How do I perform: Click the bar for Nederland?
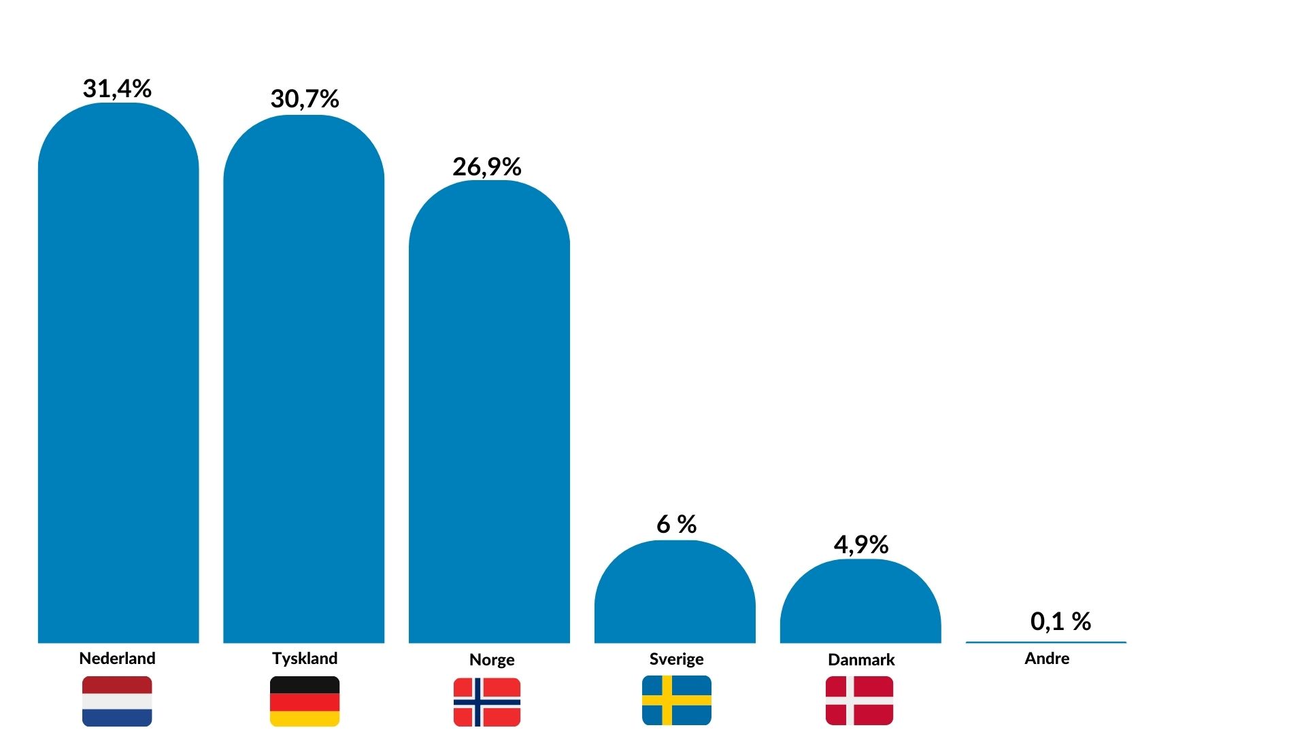118,374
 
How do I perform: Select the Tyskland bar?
304,381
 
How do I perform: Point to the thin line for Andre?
1046,642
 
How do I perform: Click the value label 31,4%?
117,88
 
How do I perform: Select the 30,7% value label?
305,99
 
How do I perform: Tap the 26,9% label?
487,167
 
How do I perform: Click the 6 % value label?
676,524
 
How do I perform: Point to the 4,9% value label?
861,544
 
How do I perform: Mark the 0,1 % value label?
1060,621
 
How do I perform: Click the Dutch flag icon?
117,701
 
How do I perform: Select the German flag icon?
305,701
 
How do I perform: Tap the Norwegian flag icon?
487,702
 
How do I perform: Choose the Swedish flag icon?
677,701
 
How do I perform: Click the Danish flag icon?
860,701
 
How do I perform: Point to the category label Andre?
1047,659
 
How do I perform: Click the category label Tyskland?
305,659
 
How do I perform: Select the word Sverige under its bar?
676,659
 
